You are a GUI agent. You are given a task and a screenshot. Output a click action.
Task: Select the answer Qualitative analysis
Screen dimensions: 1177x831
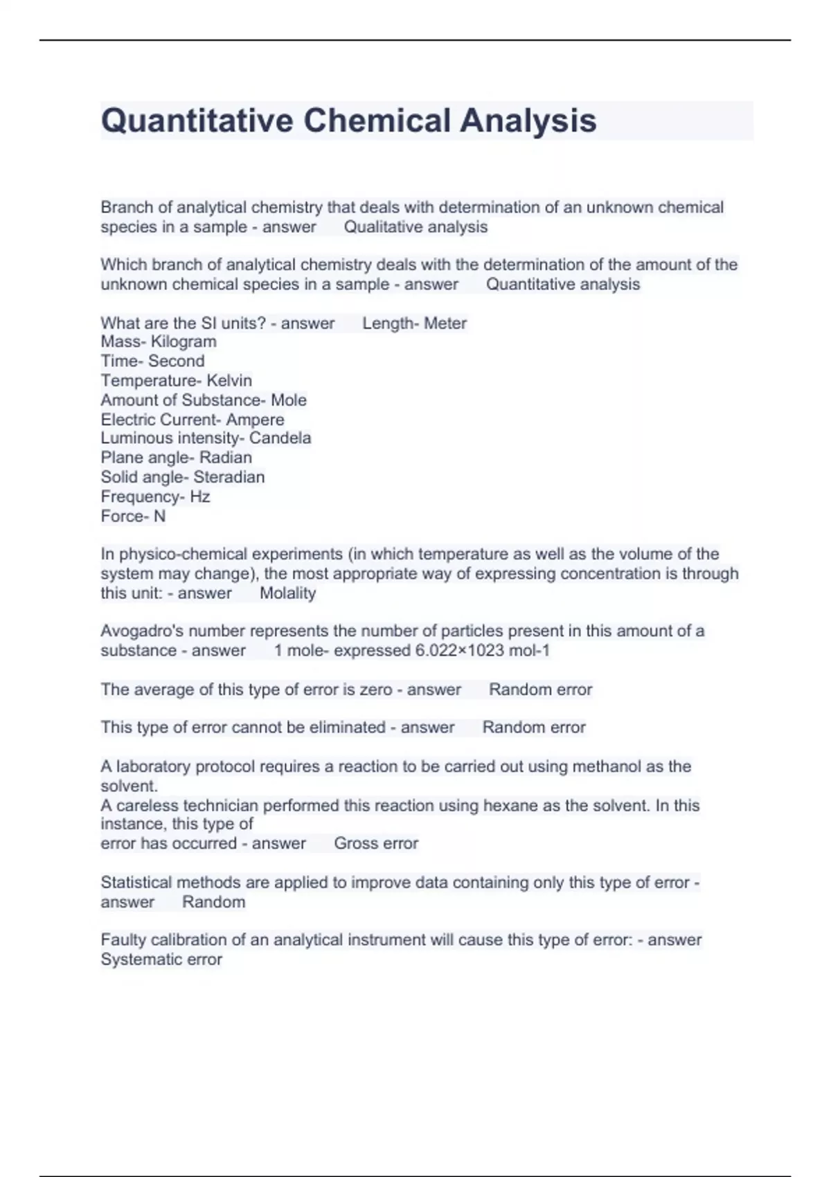click(x=415, y=227)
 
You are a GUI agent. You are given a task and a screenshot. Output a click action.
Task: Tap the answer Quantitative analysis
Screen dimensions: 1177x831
click(x=563, y=285)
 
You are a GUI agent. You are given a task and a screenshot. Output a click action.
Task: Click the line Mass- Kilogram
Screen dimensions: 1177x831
click(x=159, y=342)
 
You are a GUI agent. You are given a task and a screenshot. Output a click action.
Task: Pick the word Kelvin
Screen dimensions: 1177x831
click(x=229, y=381)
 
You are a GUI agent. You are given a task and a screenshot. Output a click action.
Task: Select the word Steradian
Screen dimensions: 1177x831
click(x=229, y=477)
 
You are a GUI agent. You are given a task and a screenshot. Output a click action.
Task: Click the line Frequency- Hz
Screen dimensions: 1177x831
click(x=155, y=496)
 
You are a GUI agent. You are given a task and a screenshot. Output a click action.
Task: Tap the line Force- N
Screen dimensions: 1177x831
click(x=133, y=516)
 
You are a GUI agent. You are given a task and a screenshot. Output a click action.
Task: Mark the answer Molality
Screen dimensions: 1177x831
click(x=287, y=593)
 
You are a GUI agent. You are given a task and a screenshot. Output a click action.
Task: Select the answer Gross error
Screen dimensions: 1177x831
click(x=376, y=843)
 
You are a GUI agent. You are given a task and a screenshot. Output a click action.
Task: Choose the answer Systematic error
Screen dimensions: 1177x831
click(x=161, y=960)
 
